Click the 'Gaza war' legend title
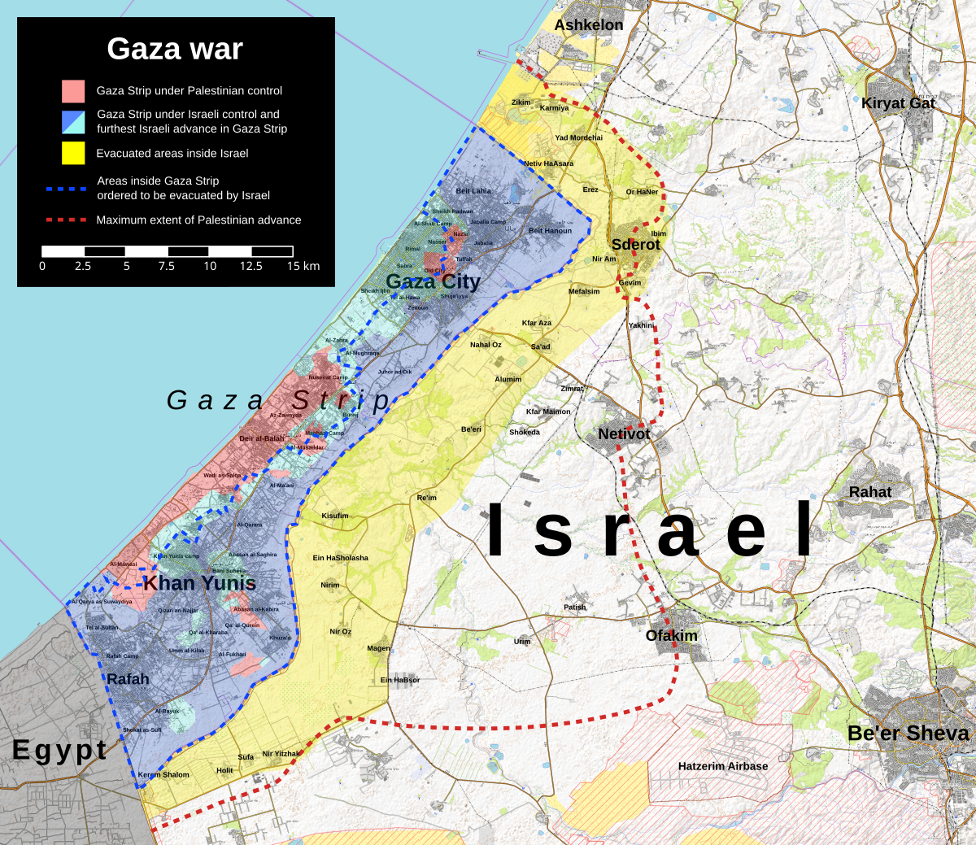tap(174, 50)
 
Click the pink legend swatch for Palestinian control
tap(73, 90)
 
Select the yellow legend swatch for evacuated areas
tap(73, 153)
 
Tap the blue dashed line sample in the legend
tap(66, 189)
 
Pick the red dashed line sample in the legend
tap(66, 220)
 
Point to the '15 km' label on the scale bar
tap(303, 266)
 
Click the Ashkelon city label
tap(588, 25)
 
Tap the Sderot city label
tap(635, 244)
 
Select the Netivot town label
tap(624, 434)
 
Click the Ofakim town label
tap(671, 635)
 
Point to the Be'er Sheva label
tap(908, 733)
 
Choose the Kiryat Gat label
tap(899, 103)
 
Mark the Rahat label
tap(869, 492)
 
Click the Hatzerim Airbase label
tap(722, 766)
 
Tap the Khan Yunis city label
tap(199, 583)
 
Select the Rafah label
tap(128, 679)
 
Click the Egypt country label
tap(59, 750)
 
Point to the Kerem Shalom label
tap(163, 775)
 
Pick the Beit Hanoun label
tap(550, 231)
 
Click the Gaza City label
tap(433, 281)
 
